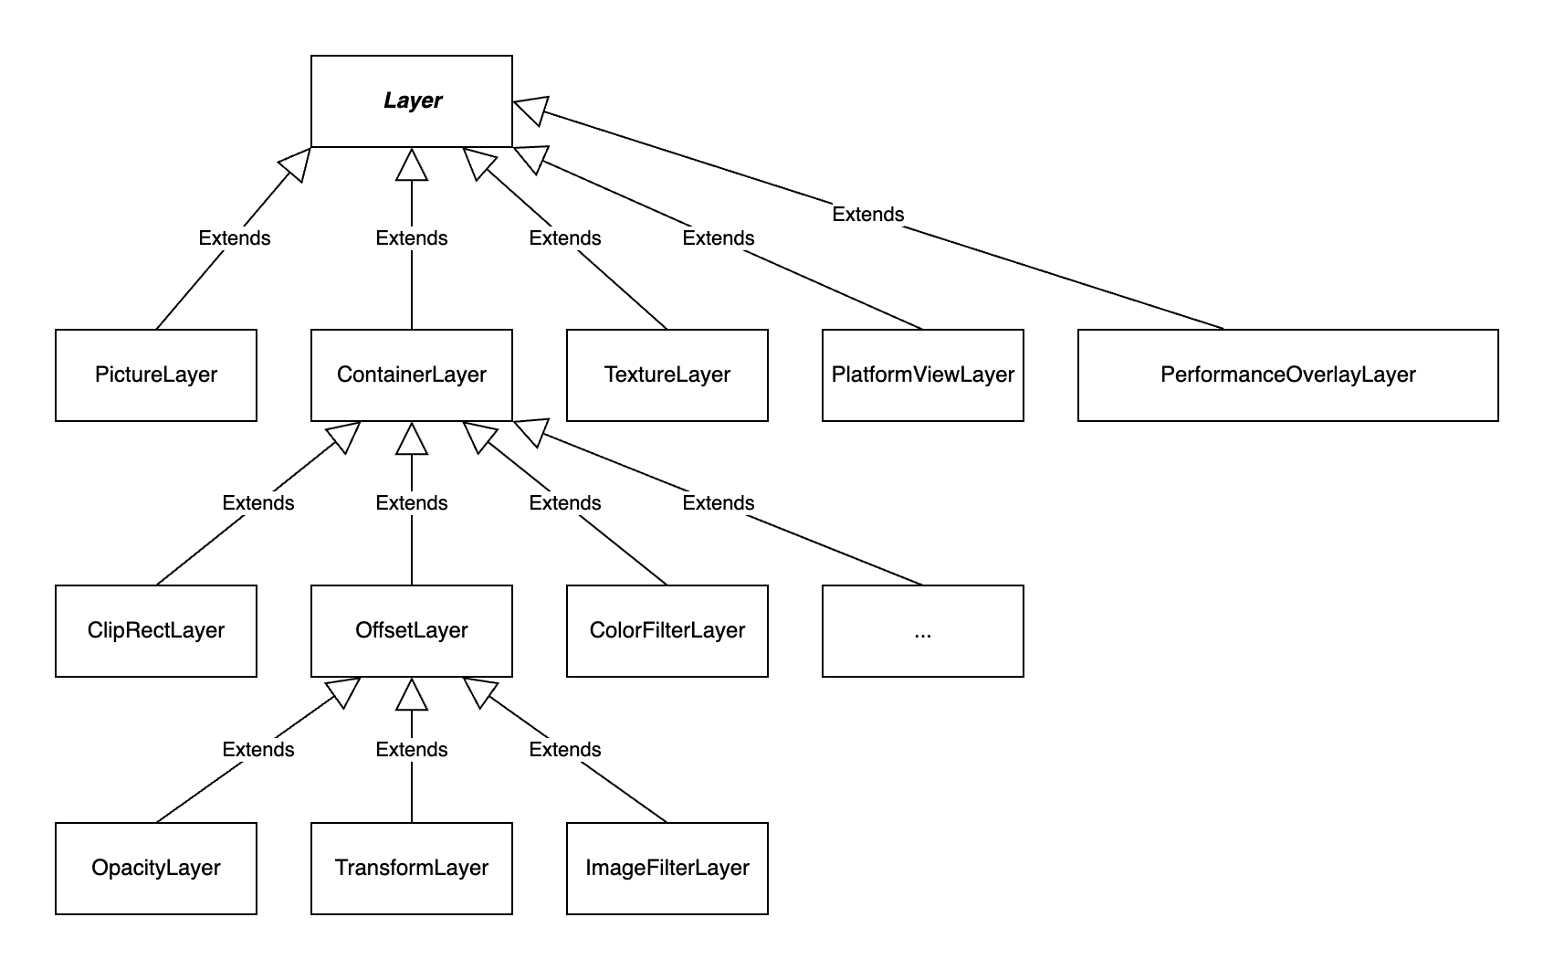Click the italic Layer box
tap(412, 101)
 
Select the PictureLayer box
tap(156, 375)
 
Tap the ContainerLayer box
tap(412, 375)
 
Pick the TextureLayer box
tap(667, 375)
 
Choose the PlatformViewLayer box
tap(923, 375)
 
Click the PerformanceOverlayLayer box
tap(1288, 375)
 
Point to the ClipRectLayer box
tap(156, 631)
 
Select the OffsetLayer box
tap(412, 631)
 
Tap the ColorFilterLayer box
tap(667, 631)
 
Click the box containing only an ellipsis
tap(923, 631)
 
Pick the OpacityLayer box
tap(156, 869)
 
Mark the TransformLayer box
tap(412, 869)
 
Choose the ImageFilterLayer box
tap(667, 869)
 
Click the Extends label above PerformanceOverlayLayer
tap(868, 215)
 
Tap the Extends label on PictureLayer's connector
tap(235, 238)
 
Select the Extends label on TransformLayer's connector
tap(412, 749)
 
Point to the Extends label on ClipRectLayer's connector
tap(258, 502)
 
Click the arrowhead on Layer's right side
tap(530, 110)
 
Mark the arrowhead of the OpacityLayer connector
tap(342, 692)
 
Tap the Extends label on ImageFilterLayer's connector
tap(564, 749)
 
